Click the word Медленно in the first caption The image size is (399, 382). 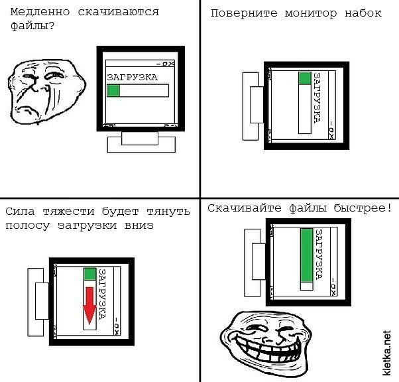tap(40, 12)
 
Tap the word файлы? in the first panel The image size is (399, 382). tap(32, 26)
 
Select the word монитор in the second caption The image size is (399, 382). tap(311, 13)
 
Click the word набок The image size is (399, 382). tap(363, 13)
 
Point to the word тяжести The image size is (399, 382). tap(68, 212)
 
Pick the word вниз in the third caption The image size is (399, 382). tap(139, 225)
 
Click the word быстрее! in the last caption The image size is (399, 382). tap(363, 208)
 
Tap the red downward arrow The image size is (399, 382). tap(89, 306)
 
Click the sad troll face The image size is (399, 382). tap(46, 92)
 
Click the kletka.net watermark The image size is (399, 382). tap(386, 353)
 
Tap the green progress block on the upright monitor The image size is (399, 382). tap(113, 90)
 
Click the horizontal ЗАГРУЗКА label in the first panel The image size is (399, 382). tap(132, 77)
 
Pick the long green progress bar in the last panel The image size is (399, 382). tap(306, 255)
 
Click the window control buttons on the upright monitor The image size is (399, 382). tap(166, 64)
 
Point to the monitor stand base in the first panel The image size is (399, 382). tap(141, 145)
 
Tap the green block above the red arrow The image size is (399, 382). tap(89, 274)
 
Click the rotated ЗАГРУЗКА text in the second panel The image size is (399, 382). tap(317, 98)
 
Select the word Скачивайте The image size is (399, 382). tap(245, 208)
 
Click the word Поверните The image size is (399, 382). tap(244, 13)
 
